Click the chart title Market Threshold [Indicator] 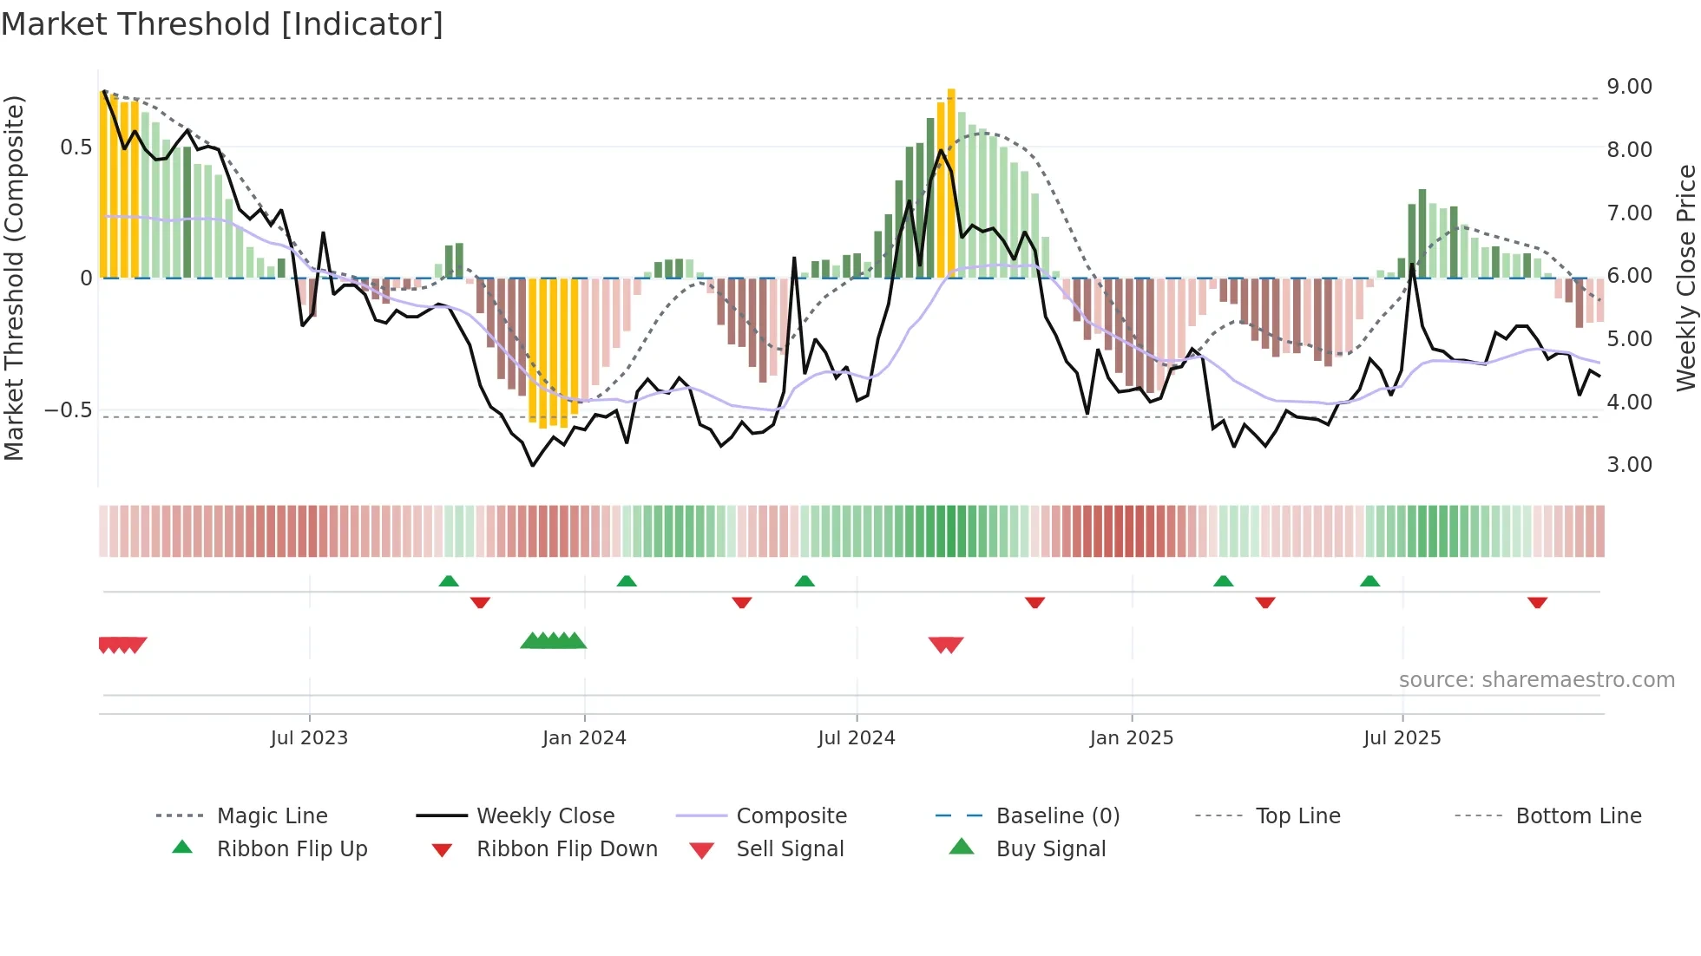[x=222, y=24]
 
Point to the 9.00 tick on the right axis [x=1629, y=87]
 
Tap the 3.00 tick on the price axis [x=1629, y=465]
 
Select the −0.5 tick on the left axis [x=69, y=409]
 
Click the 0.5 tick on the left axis [x=76, y=147]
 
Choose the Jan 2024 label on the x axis [x=584, y=738]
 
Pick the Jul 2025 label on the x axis [x=1402, y=738]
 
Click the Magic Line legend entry [x=272, y=816]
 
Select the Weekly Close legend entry [x=545, y=816]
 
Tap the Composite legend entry [x=791, y=816]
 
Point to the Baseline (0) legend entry [x=1057, y=816]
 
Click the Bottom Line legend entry [x=1578, y=816]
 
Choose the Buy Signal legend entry [x=1050, y=849]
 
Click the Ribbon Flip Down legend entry [x=567, y=849]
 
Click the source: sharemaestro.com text [x=1536, y=680]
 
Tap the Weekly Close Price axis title [x=1685, y=278]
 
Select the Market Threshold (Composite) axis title [x=14, y=278]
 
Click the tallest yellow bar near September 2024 [x=951, y=182]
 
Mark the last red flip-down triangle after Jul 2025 [x=1537, y=602]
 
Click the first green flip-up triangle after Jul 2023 [x=449, y=581]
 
